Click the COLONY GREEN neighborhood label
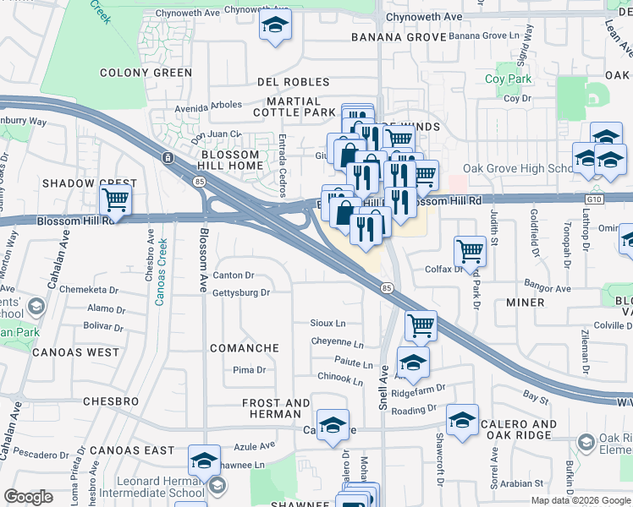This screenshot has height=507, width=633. tap(146, 73)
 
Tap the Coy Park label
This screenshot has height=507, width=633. tap(507, 79)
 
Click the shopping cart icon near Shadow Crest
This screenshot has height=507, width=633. tap(115, 201)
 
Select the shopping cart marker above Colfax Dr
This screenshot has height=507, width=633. tap(470, 250)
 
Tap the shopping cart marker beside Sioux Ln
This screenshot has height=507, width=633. tap(420, 324)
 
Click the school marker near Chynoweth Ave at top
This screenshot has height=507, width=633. tap(275, 26)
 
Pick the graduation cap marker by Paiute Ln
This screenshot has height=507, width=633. tap(412, 362)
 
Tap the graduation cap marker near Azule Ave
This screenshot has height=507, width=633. tap(204, 460)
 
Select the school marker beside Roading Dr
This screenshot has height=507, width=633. tap(462, 420)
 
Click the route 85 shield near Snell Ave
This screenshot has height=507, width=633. tap(386, 288)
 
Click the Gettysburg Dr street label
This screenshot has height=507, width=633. tap(241, 292)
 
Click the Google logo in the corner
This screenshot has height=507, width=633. tap(28, 497)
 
